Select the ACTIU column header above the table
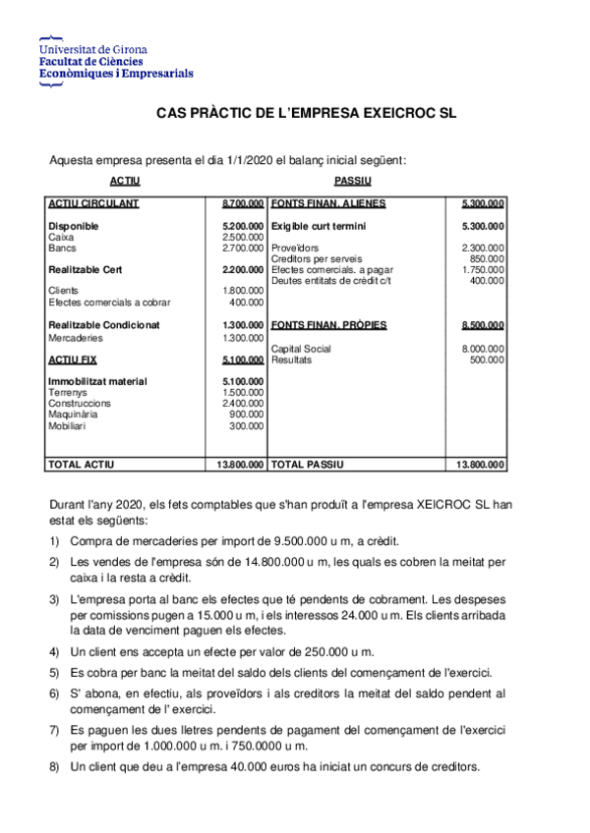(125, 182)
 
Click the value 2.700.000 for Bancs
(243, 248)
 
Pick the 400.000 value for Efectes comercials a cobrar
(247, 303)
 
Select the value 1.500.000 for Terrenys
(243, 392)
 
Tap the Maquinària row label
(72, 415)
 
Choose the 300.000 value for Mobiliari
(247, 426)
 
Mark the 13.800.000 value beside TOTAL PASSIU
(480, 465)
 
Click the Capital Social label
(300, 349)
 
